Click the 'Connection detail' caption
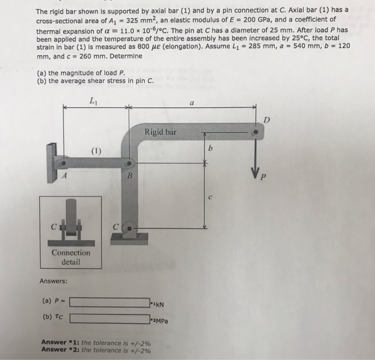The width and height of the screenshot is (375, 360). pos(71,257)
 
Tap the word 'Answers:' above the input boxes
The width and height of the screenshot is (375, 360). pos(52,280)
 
